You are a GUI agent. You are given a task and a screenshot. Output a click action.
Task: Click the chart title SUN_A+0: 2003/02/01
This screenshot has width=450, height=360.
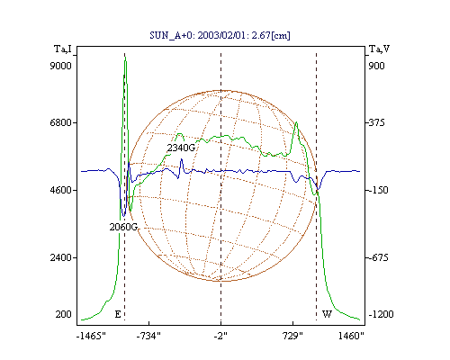(x=197, y=35)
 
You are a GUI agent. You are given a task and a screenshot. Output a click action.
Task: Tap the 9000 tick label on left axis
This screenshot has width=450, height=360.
(x=60, y=66)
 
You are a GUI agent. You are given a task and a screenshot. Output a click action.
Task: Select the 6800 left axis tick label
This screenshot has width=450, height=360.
(x=60, y=122)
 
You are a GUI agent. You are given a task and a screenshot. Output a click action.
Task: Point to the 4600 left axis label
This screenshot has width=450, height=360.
(x=60, y=190)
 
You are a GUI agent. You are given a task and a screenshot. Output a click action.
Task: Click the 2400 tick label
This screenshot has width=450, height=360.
(x=60, y=257)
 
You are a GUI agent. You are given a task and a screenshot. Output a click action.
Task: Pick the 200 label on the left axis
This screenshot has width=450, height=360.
(x=63, y=314)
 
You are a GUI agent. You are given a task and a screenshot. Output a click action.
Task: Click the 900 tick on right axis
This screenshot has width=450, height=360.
(x=376, y=66)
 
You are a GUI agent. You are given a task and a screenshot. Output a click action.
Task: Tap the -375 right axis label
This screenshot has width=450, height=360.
(x=376, y=122)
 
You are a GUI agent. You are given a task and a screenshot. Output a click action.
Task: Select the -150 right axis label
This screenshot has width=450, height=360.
(x=378, y=190)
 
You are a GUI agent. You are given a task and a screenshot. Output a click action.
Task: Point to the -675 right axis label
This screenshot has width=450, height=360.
(x=378, y=257)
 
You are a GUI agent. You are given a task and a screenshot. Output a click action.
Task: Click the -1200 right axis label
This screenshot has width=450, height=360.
(x=381, y=314)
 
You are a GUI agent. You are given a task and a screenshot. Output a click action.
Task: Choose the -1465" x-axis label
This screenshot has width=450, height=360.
(x=91, y=336)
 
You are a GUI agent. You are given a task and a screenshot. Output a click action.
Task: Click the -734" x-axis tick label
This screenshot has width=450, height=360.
(x=148, y=336)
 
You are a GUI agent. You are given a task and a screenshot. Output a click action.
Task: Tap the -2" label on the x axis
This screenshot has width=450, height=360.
(x=220, y=336)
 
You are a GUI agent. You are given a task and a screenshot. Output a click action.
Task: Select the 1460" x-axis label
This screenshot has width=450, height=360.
(x=351, y=336)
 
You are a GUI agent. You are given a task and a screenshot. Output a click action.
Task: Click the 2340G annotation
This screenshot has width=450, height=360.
(x=181, y=148)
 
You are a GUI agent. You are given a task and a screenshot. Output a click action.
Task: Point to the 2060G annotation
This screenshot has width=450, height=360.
(x=123, y=227)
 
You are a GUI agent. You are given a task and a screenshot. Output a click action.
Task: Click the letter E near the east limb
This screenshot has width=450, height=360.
(x=118, y=314)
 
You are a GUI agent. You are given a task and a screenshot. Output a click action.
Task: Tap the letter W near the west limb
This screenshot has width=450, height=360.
(x=327, y=314)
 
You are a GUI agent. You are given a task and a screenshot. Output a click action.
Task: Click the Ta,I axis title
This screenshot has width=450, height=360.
(x=63, y=49)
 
